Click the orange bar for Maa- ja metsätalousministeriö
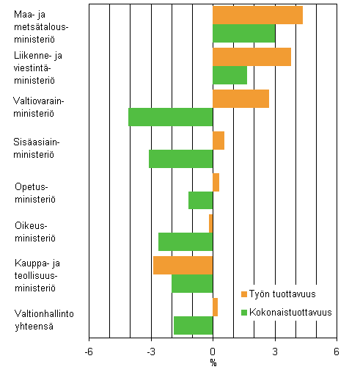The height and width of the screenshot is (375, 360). click(257, 15)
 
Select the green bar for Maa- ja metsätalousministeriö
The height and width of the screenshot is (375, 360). click(244, 34)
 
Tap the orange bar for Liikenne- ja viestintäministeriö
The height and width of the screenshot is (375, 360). click(251, 57)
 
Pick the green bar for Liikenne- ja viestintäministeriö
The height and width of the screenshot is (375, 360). click(229, 76)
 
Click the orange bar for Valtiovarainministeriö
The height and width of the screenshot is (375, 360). click(240, 98)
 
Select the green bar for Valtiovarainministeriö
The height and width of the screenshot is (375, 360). click(170, 117)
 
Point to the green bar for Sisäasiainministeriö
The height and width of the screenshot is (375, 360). click(180, 159)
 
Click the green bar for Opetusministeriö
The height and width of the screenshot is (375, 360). click(200, 200)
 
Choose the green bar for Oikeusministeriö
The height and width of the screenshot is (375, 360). click(185, 242)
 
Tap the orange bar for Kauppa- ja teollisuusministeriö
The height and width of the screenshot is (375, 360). click(183, 265)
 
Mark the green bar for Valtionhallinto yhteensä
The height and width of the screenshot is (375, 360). click(193, 325)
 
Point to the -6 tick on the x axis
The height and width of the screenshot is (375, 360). click(89, 352)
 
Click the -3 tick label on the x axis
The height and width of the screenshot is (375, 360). click(150, 352)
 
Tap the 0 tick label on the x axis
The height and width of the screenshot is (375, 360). click(213, 352)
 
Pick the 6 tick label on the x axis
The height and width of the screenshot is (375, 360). click(337, 352)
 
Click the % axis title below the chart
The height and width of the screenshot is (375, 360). click(213, 363)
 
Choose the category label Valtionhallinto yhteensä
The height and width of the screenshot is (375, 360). click(41, 321)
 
